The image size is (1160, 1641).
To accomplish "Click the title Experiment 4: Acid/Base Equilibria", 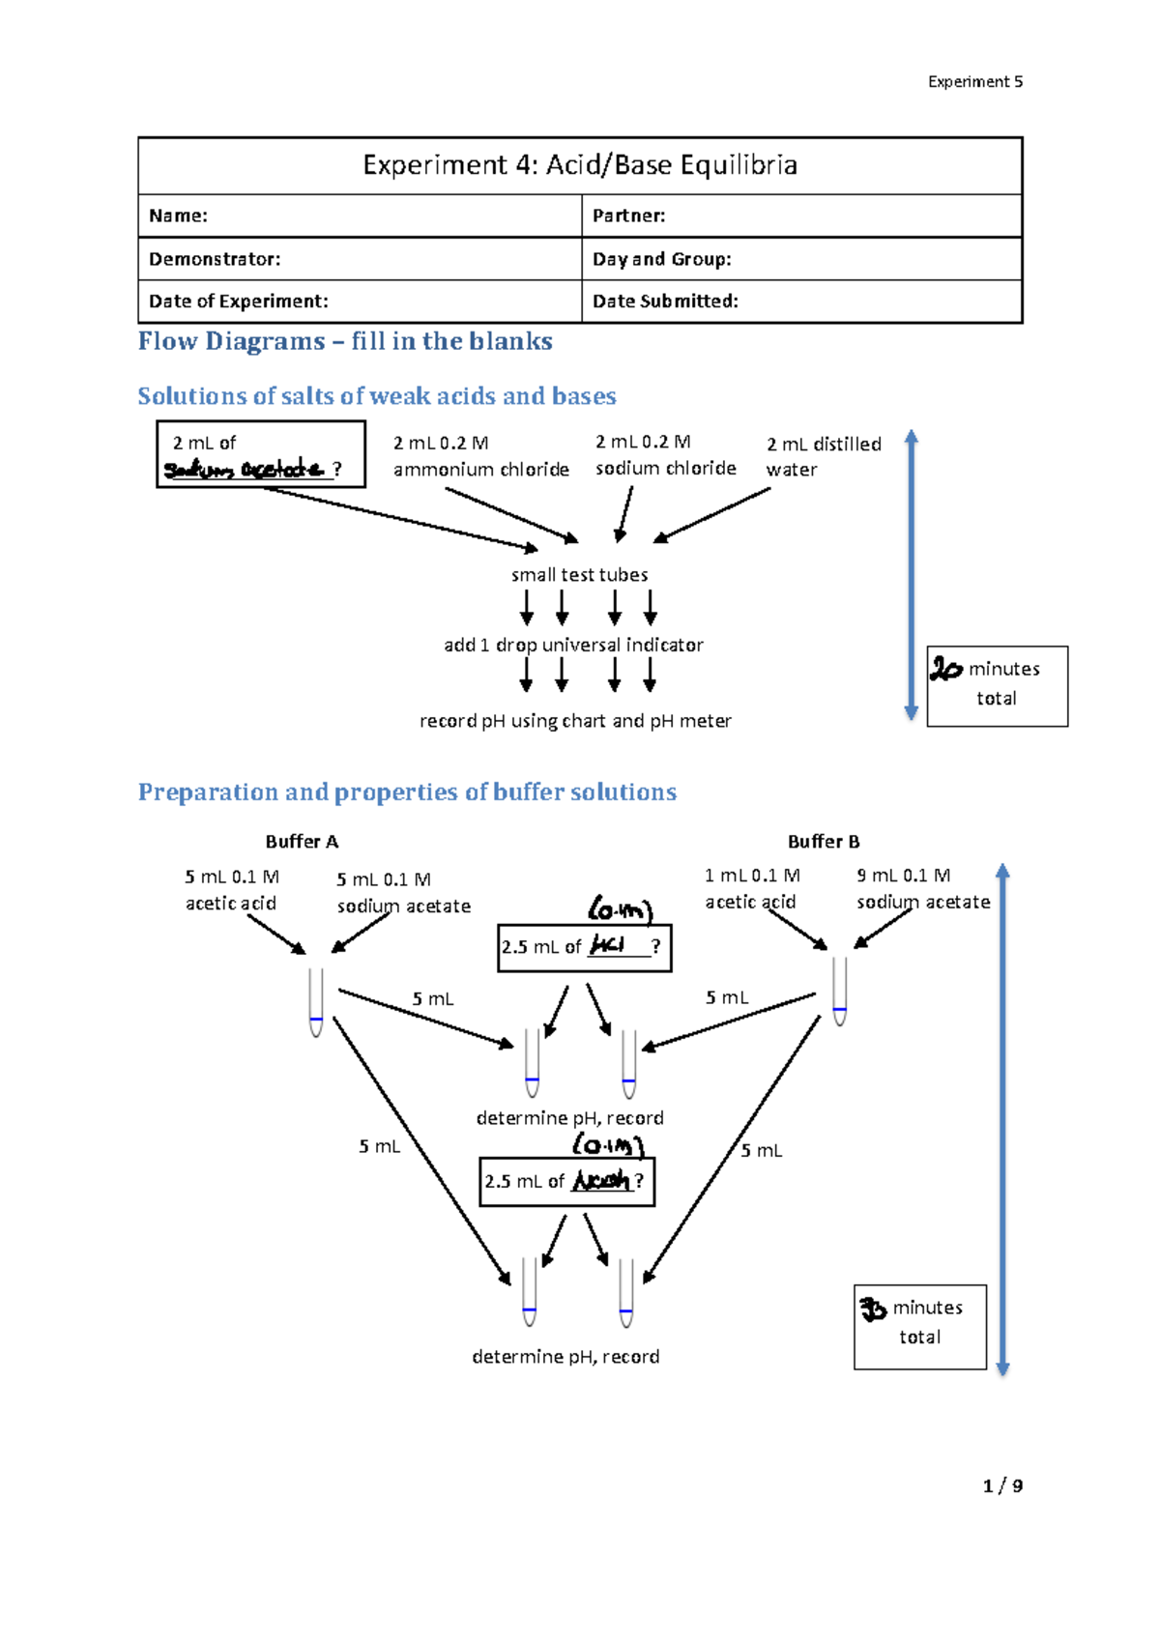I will coord(580,165).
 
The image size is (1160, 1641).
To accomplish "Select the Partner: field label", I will coord(628,216).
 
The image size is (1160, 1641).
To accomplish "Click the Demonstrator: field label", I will coord(215,259).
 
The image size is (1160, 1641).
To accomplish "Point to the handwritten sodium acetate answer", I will coord(245,470).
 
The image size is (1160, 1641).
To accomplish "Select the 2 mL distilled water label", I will coord(824,457).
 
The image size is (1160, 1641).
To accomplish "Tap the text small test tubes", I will coord(579,575).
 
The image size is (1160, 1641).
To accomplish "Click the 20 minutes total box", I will coord(997,685).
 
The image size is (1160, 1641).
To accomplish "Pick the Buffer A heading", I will coord(302,842).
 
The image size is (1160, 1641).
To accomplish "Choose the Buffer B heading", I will coord(824,842).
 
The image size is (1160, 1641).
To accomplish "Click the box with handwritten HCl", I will coord(584,947).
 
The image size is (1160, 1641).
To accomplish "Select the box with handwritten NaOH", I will coord(566,1181).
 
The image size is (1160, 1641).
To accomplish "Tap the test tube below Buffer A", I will coord(316,1002).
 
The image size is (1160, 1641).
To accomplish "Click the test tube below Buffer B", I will coord(839,991).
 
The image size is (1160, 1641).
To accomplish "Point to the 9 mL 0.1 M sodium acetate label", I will coord(922,889).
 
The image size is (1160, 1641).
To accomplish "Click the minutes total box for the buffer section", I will coord(919,1326).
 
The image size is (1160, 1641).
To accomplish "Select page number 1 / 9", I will coord(1002,1485).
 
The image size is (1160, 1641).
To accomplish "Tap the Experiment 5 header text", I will coord(974,82).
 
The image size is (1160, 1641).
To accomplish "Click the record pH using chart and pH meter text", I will coord(575,721).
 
